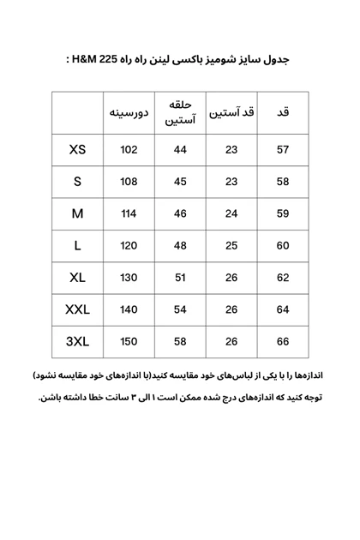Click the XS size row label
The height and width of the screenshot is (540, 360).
pyautogui.click(x=78, y=150)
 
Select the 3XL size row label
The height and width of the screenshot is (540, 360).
pyautogui.click(x=78, y=341)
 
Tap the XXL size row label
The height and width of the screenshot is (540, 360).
pyautogui.click(x=78, y=309)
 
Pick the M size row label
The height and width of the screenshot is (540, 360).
pyautogui.click(x=78, y=213)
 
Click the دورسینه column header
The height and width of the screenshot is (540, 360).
pyautogui.click(x=129, y=113)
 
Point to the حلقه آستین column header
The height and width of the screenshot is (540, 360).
pyautogui.click(x=180, y=113)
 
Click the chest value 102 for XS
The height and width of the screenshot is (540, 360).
pyautogui.click(x=129, y=150)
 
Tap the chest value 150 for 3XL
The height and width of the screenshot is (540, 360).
pyautogui.click(x=129, y=341)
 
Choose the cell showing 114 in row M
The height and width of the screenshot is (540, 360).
pyautogui.click(x=129, y=213)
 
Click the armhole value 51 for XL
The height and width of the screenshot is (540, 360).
pyautogui.click(x=180, y=278)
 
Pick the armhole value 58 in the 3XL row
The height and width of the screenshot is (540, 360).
pyautogui.click(x=180, y=341)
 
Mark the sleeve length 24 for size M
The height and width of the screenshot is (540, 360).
pyautogui.click(x=231, y=213)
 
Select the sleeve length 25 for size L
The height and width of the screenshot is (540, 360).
pyautogui.click(x=231, y=246)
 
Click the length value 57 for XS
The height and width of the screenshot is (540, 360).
pyautogui.click(x=283, y=150)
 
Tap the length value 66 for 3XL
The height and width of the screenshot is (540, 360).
pyautogui.click(x=283, y=341)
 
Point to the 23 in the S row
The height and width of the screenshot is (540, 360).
pyautogui.click(x=231, y=182)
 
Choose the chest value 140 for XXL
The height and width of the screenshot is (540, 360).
pyautogui.click(x=129, y=309)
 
